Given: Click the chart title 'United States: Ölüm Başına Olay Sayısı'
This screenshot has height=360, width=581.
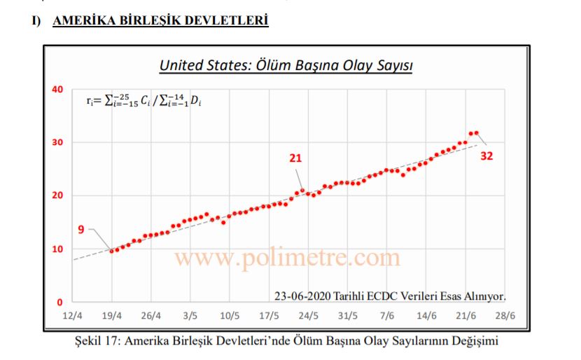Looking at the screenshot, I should (286, 66).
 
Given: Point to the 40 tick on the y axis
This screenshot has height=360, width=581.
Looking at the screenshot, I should (57, 90).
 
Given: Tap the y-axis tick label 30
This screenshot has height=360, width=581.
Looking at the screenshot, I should (57, 142).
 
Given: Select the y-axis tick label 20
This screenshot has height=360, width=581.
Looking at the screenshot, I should (57, 195).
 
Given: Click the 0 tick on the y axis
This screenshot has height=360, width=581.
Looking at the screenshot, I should (60, 303).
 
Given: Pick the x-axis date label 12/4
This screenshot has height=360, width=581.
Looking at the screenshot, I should (72, 316).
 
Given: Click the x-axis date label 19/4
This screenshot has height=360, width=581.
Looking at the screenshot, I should (112, 316).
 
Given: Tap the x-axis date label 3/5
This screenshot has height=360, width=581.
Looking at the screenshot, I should (190, 316).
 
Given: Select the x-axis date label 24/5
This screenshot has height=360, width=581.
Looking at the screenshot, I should (308, 316).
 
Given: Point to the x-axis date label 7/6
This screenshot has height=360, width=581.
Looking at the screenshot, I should (386, 316).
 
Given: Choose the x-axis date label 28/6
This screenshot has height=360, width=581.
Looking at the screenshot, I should (505, 316).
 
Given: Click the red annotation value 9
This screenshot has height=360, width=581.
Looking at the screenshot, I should (81, 229).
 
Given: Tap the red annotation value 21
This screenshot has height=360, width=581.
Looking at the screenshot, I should (295, 158).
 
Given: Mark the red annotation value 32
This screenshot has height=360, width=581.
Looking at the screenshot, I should (486, 156).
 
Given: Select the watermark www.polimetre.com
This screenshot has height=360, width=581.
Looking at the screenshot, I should (287, 258).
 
